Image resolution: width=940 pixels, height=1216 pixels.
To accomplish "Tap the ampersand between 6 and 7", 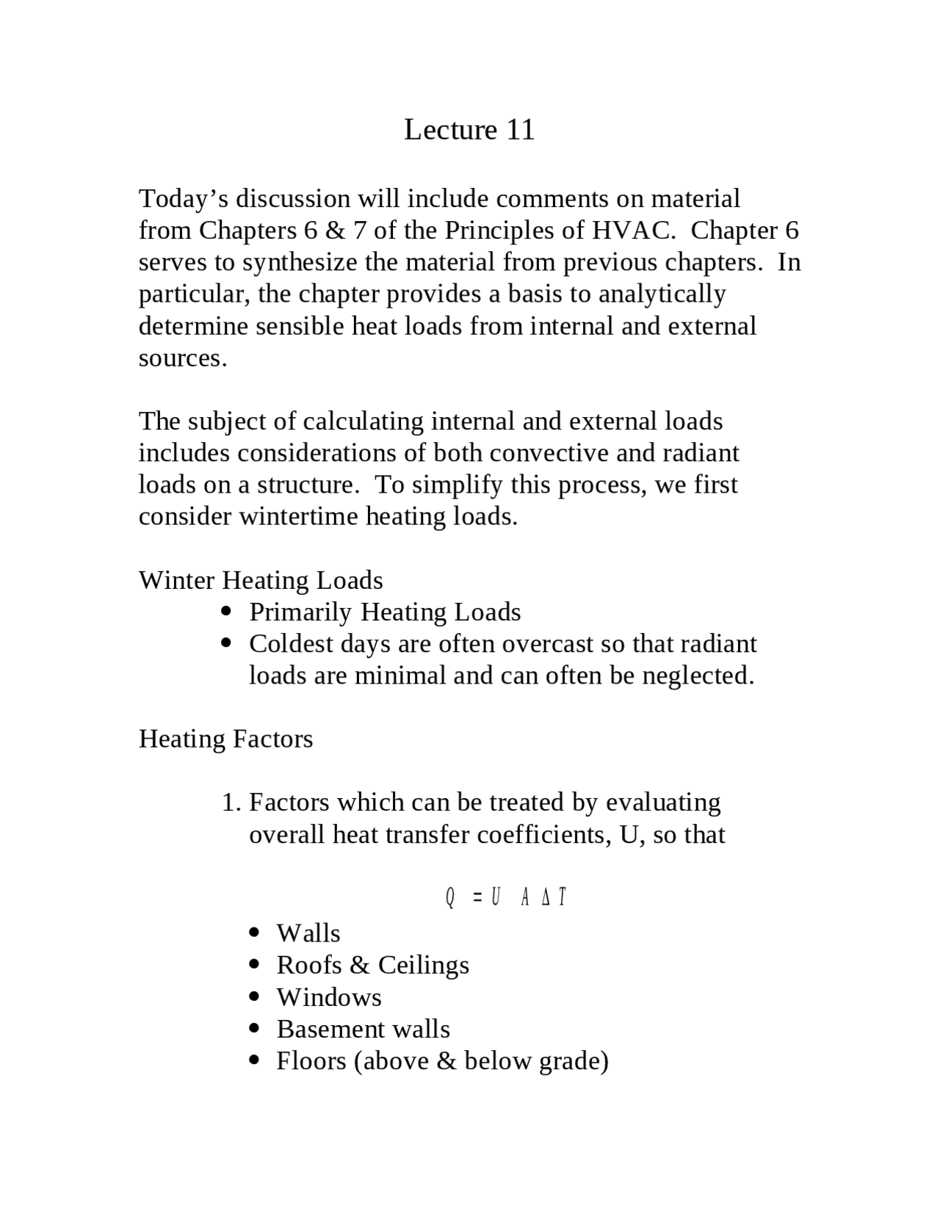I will tap(335, 231).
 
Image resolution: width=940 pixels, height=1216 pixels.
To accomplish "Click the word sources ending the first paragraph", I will tap(182, 358).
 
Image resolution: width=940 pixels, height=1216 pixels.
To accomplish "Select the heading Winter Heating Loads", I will tap(261, 580).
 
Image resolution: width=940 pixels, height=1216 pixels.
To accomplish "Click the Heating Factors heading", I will tap(225, 739).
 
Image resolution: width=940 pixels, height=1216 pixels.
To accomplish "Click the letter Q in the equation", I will tap(449, 897).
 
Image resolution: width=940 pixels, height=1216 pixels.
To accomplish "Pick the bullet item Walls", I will tap(308, 933).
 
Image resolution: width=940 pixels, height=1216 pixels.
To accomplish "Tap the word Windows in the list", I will tap(328, 997).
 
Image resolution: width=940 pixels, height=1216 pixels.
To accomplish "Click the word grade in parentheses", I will tap(570, 1061).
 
